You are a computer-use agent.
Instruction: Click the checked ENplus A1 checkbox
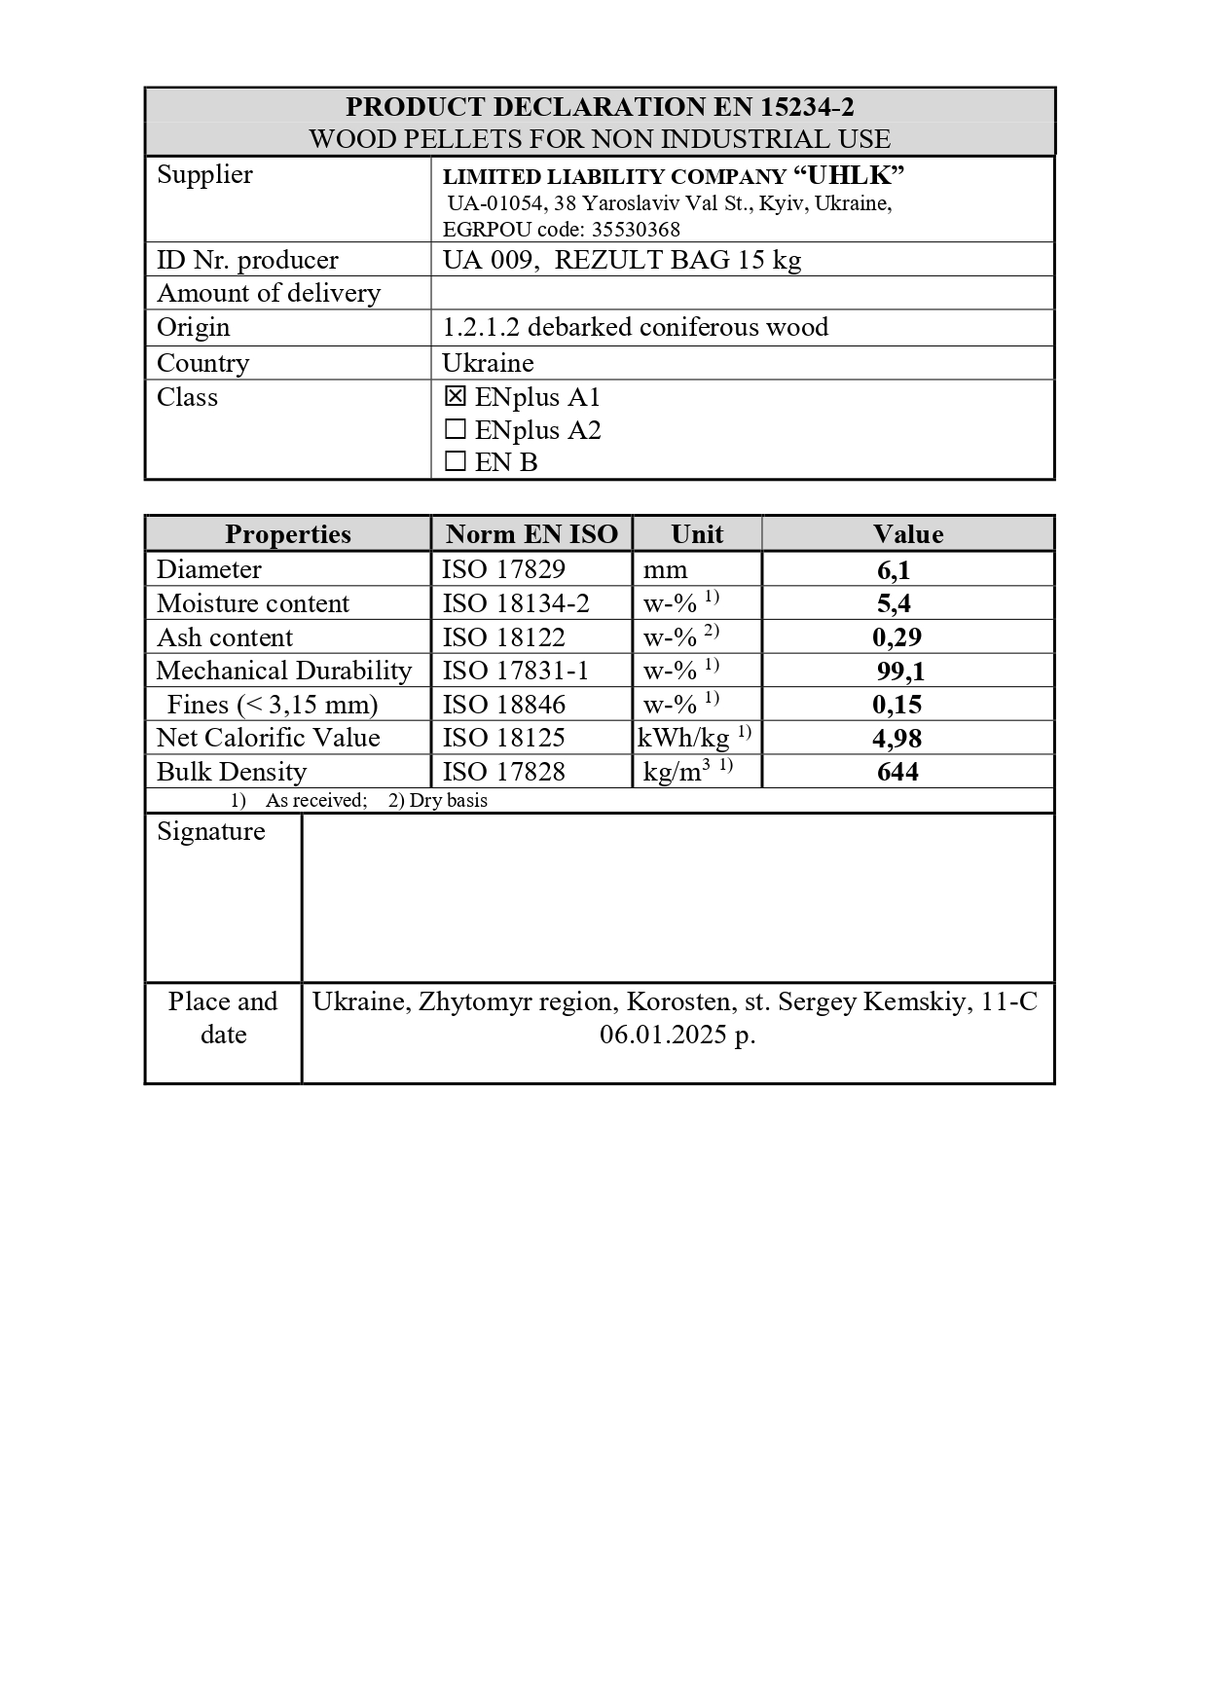(455, 397)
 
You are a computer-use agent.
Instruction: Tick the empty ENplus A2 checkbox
(455, 430)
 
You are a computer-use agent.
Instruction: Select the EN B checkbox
(455, 462)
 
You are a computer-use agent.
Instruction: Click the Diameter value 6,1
(894, 570)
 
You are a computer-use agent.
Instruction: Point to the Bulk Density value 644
(897, 772)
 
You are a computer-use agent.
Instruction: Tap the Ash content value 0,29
(897, 637)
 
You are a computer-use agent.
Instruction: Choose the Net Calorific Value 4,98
(897, 739)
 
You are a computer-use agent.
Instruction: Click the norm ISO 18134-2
(516, 603)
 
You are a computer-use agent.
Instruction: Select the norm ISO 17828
(503, 772)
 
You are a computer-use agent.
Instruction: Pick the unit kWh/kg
(683, 739)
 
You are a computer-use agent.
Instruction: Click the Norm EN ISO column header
(531, 534)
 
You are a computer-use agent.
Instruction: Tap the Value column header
(907, 534)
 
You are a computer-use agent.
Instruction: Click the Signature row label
(211, 831)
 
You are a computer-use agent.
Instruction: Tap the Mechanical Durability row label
(283, 671)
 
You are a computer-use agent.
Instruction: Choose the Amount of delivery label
(269, 293)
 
